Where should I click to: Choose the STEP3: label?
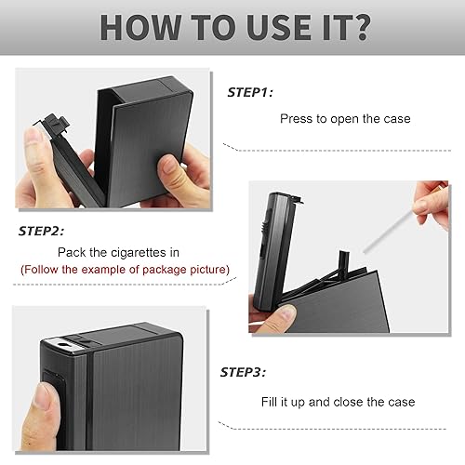[x=245, y=372]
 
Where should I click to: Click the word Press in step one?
[x=297, y=119]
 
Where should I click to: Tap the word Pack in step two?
[x=72, y=251]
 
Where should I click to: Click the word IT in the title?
[x=332, y=27]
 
